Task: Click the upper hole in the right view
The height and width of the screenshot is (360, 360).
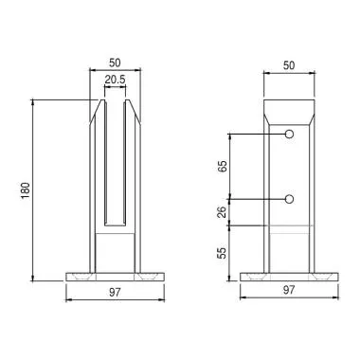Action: tap(290, 135)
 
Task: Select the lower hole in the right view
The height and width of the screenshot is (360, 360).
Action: tap(290, 199)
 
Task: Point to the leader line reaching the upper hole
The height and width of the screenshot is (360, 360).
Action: tap(256, 135)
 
